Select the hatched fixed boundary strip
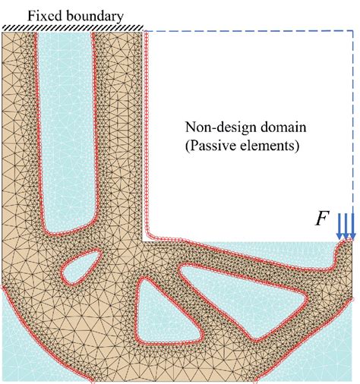pyautogui.click(x=73, y=28)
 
